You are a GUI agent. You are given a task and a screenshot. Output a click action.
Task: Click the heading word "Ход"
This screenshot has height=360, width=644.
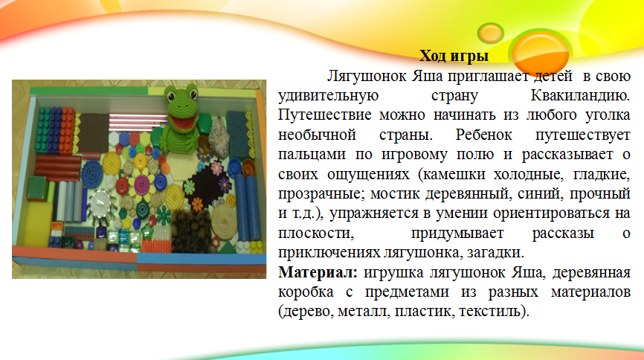pos(434,56)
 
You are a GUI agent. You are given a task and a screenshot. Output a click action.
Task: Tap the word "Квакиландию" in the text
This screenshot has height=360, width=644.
pos(580,95)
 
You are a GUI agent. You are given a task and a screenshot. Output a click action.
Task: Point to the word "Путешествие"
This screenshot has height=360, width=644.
pos(324,115)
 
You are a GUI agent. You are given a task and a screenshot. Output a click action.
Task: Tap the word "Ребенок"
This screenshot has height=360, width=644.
pos(483,135)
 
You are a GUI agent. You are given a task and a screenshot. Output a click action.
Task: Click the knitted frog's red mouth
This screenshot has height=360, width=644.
pos(179,121)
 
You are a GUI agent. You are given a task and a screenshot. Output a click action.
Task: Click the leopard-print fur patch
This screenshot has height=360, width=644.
pos(190,231)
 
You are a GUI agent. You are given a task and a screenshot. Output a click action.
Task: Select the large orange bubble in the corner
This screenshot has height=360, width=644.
pos(541,53)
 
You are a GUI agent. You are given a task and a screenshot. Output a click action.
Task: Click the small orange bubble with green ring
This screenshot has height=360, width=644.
pos(490,33)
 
